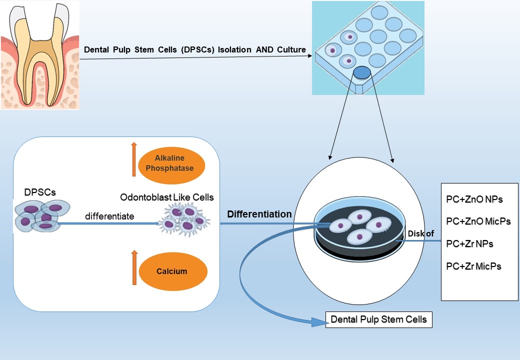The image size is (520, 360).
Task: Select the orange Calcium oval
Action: point(172,271)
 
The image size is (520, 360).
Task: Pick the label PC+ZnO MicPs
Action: point(478,221)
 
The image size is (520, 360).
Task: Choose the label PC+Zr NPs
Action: point(469,243)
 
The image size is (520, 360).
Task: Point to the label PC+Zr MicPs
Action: point(473,266)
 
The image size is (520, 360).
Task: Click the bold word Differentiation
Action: point(259,214)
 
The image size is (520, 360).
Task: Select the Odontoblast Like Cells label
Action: point(166,197)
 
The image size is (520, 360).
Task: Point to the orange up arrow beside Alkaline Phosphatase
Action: point(133,159)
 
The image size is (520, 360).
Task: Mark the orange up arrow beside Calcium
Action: point(133,267)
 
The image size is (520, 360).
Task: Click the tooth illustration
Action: point(40,55)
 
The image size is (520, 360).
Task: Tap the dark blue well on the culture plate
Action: point(362,73)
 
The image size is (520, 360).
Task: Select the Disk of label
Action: point(421,233)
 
